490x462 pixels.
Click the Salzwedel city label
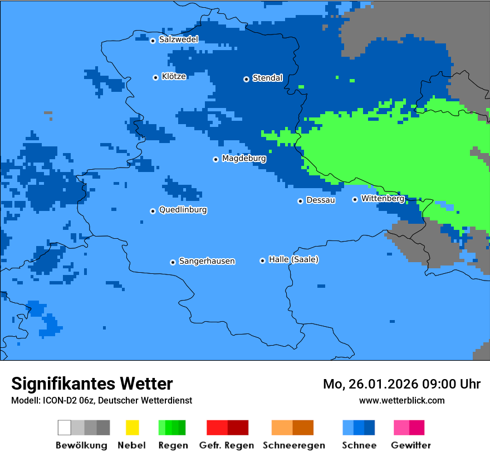click(178, 40)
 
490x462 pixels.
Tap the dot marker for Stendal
click(246, 79)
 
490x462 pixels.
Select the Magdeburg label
click(244, 159)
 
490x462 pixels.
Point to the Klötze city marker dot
click(155, 77)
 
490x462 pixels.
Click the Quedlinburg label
click(183, 210)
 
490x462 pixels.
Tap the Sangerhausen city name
click(207, 261)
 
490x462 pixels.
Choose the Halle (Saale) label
click(293, 259)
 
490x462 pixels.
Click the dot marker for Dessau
click(300, 201)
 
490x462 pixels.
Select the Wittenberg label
click(383, 199)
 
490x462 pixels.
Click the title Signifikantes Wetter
click(92, 384)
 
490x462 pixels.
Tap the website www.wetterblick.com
click(401, 400)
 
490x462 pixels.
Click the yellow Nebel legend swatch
click(132, 427)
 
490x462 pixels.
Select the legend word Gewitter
click(411, 445)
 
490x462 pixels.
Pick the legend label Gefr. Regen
click(227, 445)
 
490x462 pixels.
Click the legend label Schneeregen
click(293, 445)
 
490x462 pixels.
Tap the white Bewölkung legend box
click(65, 427)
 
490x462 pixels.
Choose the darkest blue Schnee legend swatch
click(370, 427)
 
